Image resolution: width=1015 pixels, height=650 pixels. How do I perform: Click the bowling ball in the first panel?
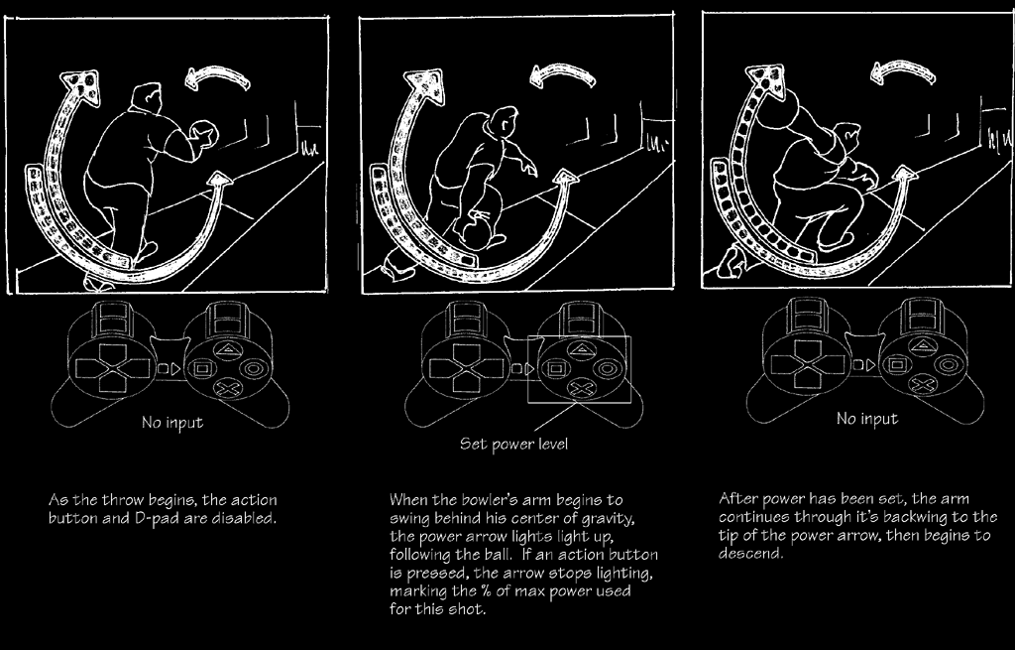coord(207,134)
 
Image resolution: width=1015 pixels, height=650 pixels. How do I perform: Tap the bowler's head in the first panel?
coord(147,98)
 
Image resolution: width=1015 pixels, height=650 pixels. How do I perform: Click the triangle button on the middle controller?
coord(582,349)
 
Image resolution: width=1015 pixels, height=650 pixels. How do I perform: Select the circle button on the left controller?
coord(252,369)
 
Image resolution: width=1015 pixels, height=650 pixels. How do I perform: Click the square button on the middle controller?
coord(555,369)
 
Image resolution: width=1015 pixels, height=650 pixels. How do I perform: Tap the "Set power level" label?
coord(513,444)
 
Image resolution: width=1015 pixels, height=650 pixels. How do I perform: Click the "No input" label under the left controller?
coord(172,423)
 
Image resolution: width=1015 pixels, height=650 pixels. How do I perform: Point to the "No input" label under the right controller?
coord(866,419)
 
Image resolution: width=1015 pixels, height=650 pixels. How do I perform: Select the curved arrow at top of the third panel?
coord(903,71)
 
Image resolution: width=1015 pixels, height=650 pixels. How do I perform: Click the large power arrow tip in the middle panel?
coord(424,84)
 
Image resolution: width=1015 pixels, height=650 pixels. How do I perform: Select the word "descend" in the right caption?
coord(749,554)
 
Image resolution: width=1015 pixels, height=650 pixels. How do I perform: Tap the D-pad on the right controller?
coord(807,365)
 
